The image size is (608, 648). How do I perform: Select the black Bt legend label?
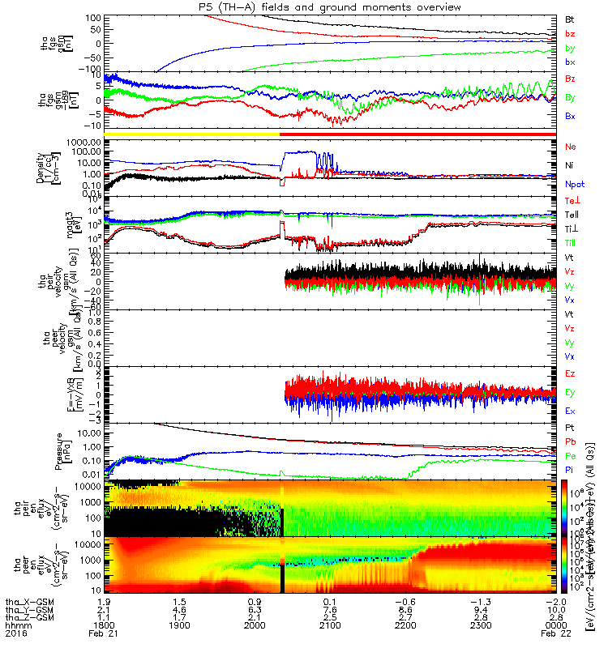(570, 19)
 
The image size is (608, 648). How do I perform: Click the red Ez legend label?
(571, 373)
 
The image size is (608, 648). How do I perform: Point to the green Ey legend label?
(571, 393)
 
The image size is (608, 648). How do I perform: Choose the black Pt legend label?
(570, 427)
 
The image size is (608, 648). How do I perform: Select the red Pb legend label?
(571, 441)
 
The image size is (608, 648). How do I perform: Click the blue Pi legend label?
(570, 470)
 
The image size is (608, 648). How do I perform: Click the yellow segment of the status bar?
(192, 133)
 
